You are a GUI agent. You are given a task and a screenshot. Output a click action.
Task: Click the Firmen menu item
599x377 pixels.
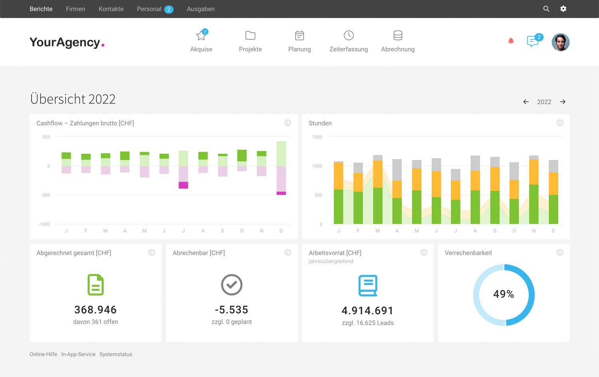(75, 9)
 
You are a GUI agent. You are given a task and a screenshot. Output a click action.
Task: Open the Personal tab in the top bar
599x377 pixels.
(149, 9)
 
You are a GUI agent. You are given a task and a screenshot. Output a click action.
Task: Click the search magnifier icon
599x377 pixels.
(546, 9)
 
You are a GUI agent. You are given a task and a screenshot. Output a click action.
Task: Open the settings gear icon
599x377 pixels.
(563, 9)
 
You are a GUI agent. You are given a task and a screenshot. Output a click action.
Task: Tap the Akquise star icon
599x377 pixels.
(201, 36)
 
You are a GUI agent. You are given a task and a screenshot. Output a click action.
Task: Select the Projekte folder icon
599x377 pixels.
(250, 36)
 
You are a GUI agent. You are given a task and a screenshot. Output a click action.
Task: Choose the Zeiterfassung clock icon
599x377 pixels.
(349, 36)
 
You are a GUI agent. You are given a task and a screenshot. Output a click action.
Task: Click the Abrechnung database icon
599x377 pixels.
(398, 36)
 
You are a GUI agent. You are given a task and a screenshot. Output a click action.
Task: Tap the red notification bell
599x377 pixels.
(511, 41)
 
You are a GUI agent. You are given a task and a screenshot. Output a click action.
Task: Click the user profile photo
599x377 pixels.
(560, 42)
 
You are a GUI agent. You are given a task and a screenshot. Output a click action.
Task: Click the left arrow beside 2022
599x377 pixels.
(526, 102)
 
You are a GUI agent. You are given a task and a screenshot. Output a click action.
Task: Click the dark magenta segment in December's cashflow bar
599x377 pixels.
(281, 193)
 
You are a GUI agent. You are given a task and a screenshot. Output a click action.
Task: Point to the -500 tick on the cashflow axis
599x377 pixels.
(46, 195)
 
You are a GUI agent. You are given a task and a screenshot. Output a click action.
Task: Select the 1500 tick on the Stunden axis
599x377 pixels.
(317, 137)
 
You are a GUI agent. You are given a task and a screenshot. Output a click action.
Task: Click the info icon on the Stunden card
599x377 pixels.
(560, 123)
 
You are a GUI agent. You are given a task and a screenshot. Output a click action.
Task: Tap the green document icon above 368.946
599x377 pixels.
(95, 285)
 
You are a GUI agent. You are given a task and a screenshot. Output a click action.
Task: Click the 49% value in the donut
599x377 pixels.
(504, 294)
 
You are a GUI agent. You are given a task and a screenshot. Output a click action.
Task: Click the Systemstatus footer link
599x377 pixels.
(116, 354)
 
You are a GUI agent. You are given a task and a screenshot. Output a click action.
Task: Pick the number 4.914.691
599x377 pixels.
(367, 311)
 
